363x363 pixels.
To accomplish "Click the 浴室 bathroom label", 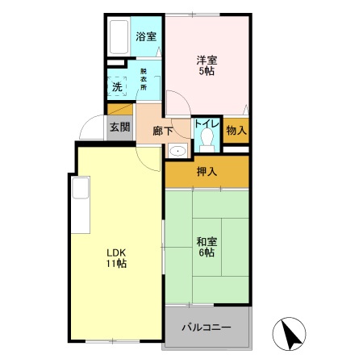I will point(145,36).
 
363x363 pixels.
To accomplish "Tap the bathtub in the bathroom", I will point(119,36).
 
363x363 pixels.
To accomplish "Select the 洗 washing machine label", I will point(117,86).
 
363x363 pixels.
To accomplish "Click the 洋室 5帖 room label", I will point(207,65).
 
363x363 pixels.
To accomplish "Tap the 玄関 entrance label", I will point(119,126).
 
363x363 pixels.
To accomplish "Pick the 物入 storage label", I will point(235,129).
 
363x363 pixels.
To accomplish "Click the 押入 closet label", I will point(207,171).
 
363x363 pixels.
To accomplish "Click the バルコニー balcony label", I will point(206,328).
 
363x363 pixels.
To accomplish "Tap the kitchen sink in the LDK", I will point(81,191).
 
